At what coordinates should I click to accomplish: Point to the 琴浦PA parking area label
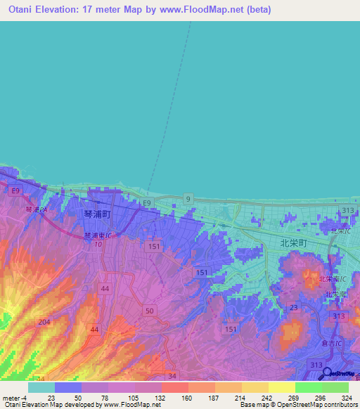(35, 209)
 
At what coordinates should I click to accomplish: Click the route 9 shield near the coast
(188, 200)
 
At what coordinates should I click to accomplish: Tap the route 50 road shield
(149, 310)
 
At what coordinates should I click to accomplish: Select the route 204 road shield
(44, 322)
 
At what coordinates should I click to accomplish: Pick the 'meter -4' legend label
(14, 398)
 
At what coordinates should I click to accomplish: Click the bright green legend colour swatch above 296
(308, 387)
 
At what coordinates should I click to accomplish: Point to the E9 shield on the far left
(15, 190)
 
